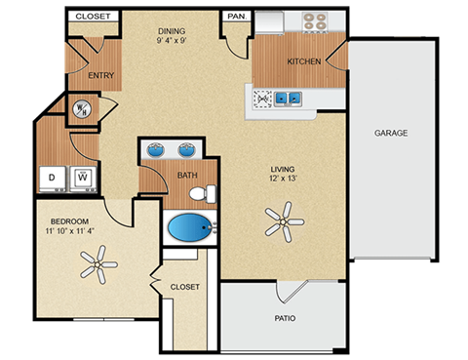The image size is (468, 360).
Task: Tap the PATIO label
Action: click(285, 318)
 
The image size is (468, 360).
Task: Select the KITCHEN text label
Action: click(303, 61)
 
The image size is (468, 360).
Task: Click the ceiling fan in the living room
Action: click(283, 221)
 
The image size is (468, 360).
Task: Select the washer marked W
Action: click(84, 178)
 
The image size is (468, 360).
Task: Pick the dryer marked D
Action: click(53, 178)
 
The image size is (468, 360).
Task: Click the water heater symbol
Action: click(82, 109)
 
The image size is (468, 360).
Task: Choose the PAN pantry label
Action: click(236, 17)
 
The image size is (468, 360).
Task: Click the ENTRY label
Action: click(101, 74)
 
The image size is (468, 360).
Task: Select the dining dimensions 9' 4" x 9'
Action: click(179, 42)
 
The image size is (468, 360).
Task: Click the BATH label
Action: click(187, 176)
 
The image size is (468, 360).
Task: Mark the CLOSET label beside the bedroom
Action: click(184, 287)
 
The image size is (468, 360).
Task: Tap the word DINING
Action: click(173, 31)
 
